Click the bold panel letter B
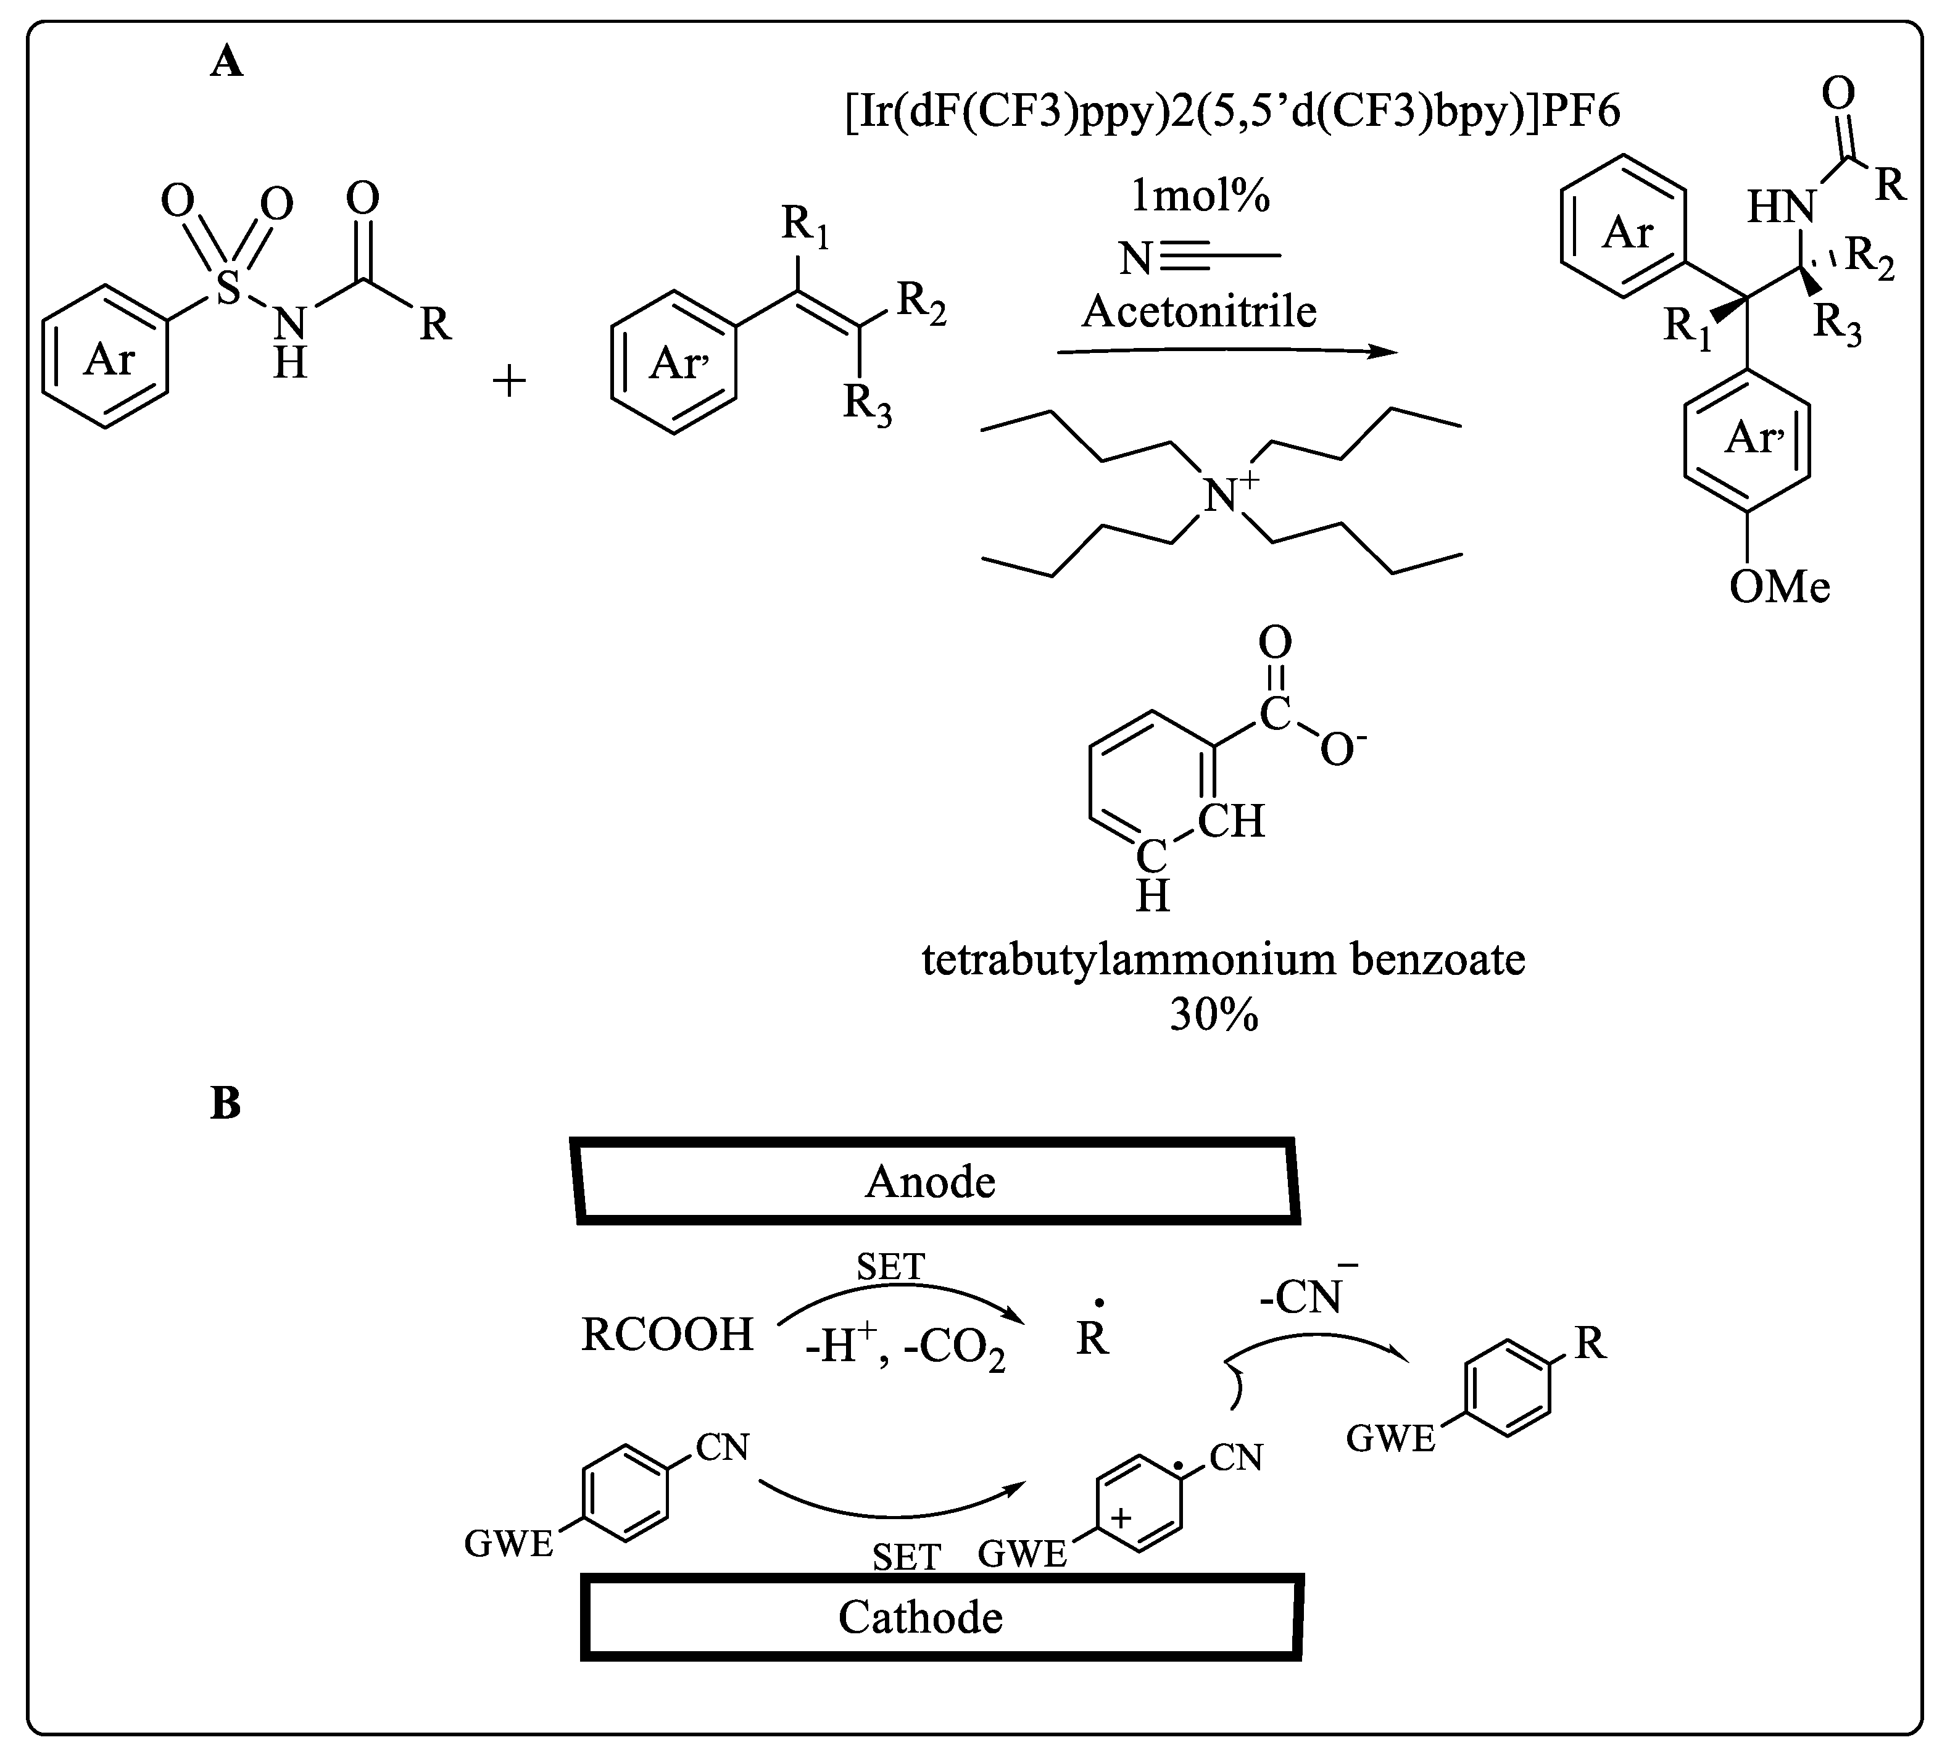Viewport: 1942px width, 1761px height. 225,1104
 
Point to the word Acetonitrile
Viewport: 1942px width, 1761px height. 1198,311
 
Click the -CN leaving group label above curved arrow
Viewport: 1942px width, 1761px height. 1305,1296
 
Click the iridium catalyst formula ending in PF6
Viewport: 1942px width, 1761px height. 1233,112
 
